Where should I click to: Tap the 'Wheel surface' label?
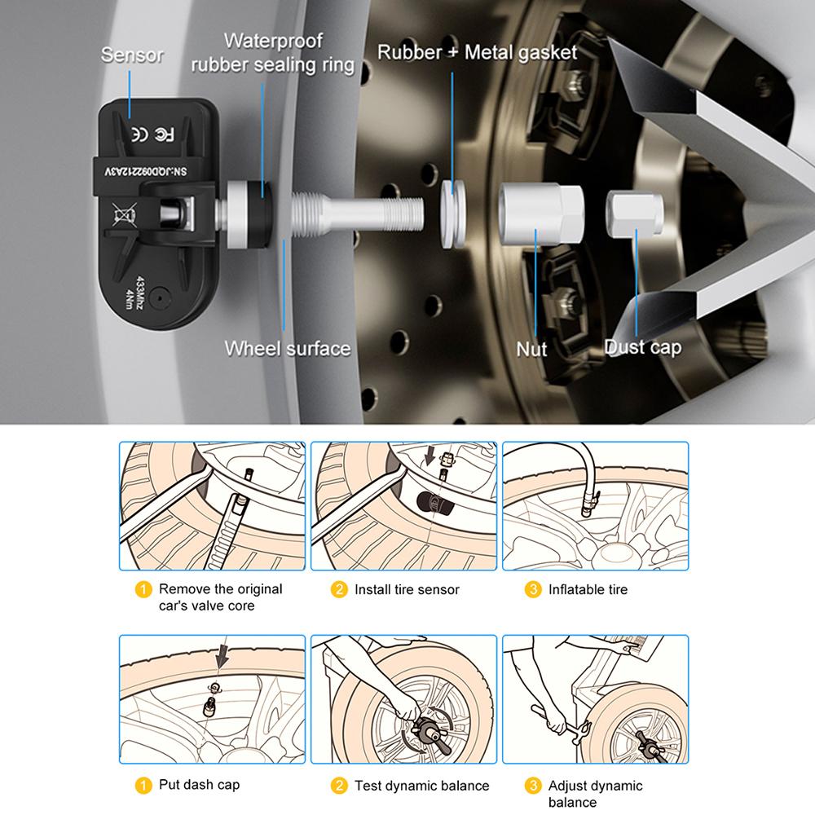pos(288,349)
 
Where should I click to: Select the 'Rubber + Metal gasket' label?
pos(477,53)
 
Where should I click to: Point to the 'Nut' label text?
pos(532,349)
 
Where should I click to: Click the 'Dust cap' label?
pos(643,347)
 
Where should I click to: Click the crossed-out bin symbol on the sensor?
pos(124,216)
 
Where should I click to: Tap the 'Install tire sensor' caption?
pos(407,589)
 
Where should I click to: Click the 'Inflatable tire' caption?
pos(588,589)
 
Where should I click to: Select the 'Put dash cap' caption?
pos(199,786)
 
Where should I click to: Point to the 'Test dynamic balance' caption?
pos(421,786)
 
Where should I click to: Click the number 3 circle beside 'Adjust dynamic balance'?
pos(533,786)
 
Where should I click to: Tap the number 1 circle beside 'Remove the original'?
pos(143,589)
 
